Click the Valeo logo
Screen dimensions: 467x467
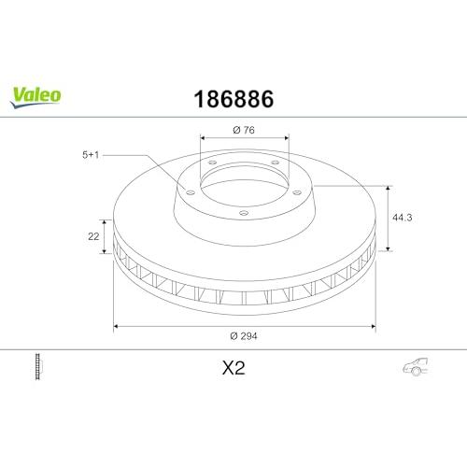[35, 97]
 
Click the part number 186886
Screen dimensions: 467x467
[233, 99]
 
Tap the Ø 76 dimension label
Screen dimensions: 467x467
[244, 130]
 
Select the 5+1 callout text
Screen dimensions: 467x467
[91, 155]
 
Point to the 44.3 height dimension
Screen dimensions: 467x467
[403, 218]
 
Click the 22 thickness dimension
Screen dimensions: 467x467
[93, 236]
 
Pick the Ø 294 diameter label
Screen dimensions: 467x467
[244, 336]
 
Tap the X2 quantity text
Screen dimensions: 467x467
[233, 368]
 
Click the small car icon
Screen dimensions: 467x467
[416, 366]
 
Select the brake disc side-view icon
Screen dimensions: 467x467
[38, 366]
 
